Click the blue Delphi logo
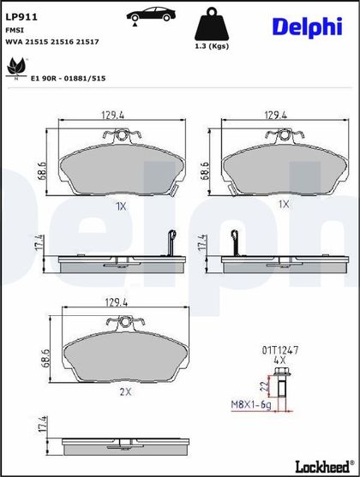click(308, 27)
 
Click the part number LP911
click(21, 17)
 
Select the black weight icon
click(212, 24)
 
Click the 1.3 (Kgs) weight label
click(212, 46)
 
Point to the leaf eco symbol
click(17, 68)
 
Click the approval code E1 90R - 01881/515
click(69, 79)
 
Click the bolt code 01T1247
click(280, 350)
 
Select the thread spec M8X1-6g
click(251, 405)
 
